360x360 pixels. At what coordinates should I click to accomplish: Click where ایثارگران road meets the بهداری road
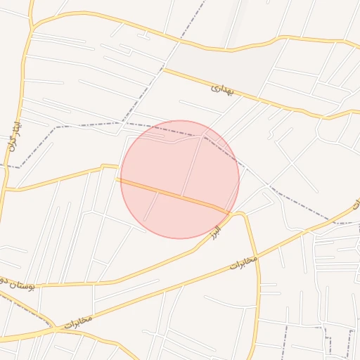(32, 28)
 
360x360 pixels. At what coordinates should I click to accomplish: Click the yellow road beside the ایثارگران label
(22, 134)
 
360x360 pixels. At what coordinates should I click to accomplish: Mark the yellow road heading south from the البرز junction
(257, 295)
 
